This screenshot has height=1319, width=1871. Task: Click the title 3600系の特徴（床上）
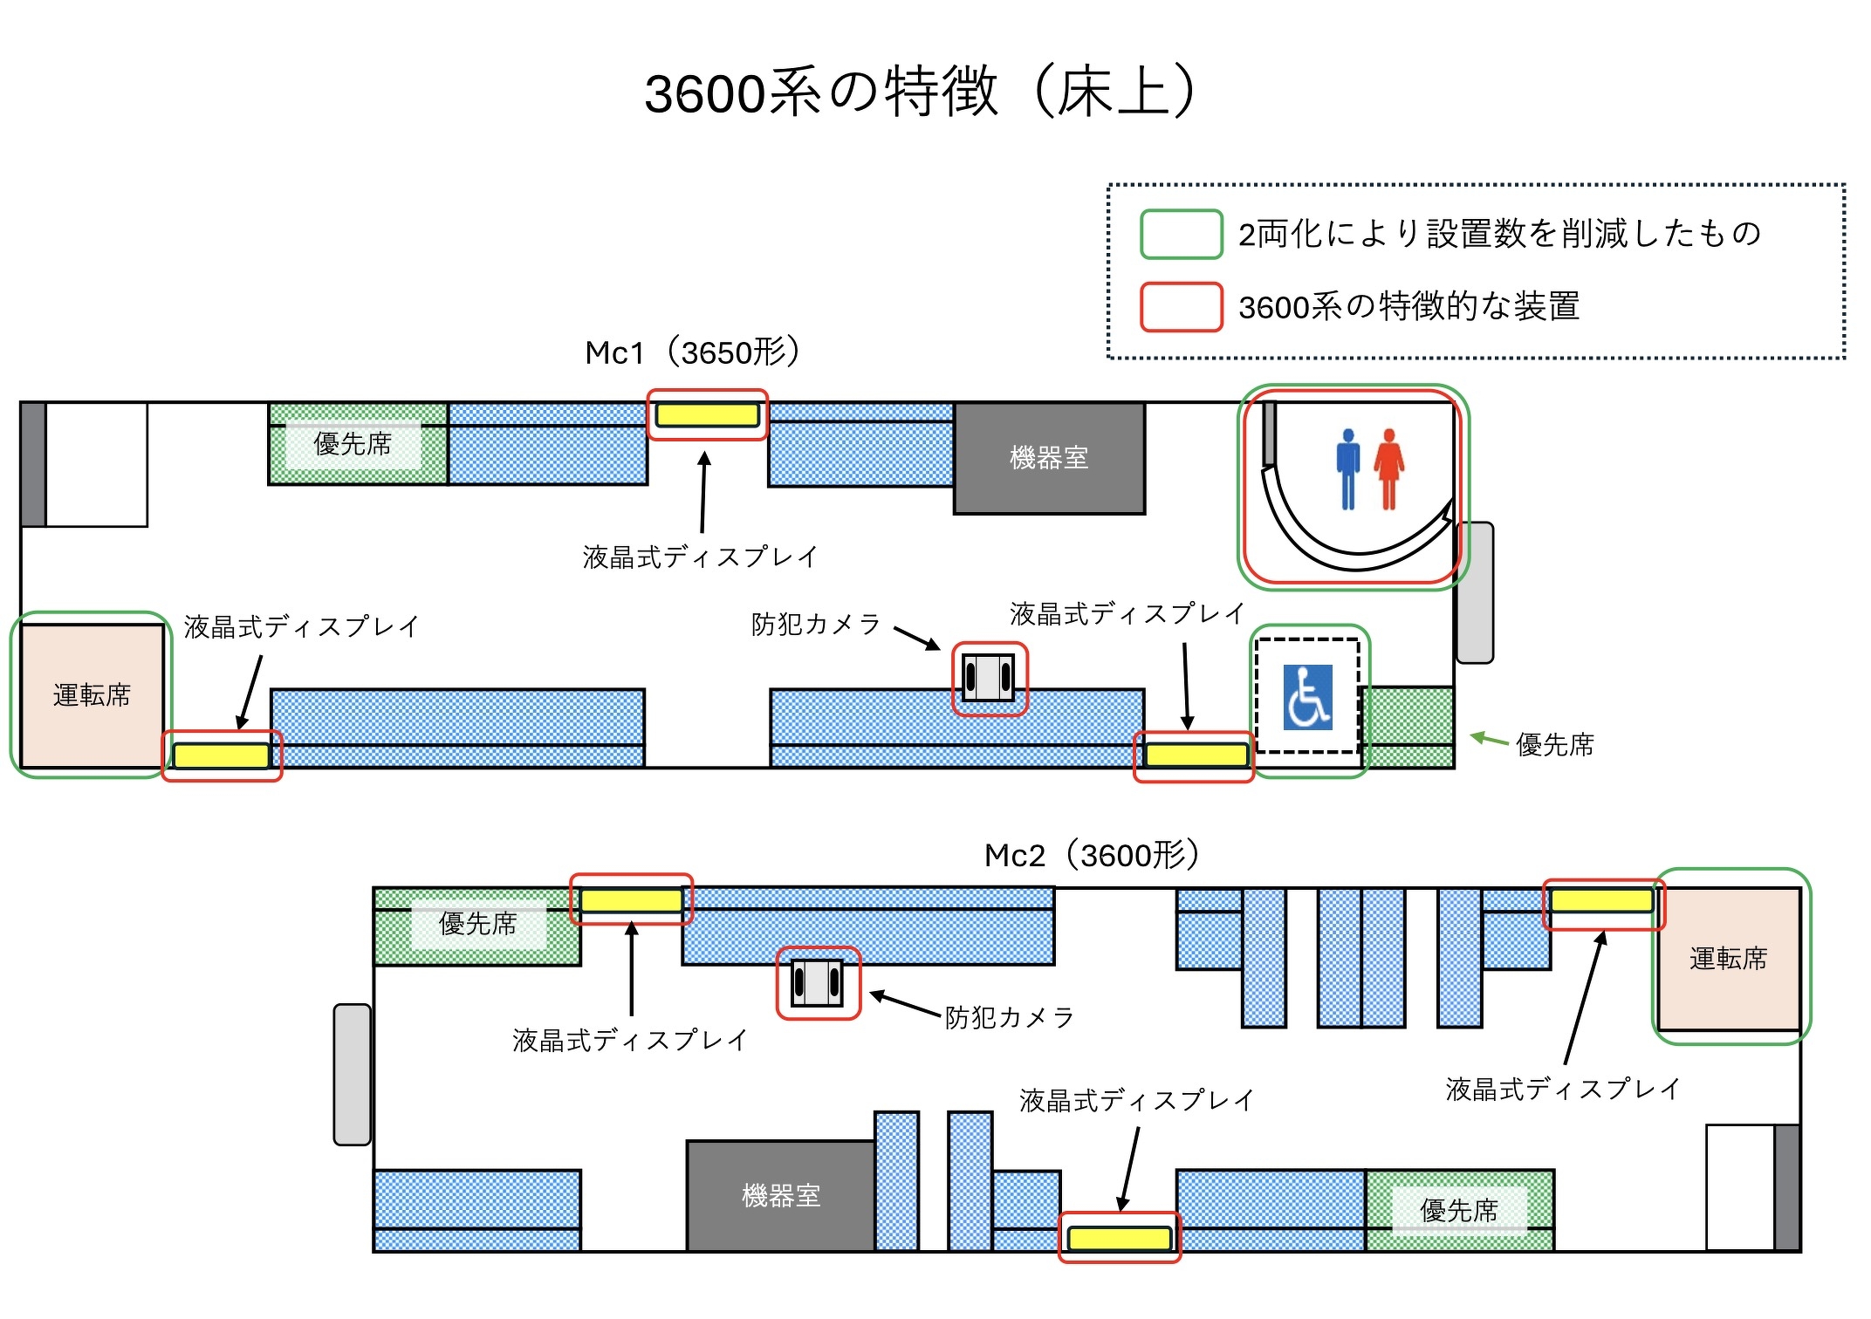point(921,92)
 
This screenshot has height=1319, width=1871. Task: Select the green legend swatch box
point(1181,234)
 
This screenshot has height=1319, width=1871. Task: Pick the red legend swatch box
point(1181,307)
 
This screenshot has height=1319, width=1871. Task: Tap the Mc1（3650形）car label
point(692,352)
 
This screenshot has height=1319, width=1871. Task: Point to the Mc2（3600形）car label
point(1092,855)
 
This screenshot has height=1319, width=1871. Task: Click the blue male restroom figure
point(1347,468)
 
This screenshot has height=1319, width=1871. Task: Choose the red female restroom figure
point(1388,468)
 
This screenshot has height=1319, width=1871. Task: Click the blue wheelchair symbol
point(1307,696)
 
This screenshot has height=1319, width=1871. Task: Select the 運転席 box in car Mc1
point(92,695)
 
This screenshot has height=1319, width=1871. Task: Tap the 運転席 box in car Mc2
point(1728,958)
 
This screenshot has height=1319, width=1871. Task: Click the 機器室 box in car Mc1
point(1049,458)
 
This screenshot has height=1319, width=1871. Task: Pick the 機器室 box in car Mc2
point(781,1195)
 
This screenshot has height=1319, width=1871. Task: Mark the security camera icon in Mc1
point(989,678)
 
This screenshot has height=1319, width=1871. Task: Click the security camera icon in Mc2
point(817,982)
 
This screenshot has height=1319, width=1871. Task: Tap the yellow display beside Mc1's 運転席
point(222,755)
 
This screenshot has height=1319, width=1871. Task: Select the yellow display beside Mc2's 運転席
point(1601,900)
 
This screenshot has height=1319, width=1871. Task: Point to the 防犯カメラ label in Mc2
point(1010,1017)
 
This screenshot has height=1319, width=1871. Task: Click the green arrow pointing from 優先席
point(1489,740)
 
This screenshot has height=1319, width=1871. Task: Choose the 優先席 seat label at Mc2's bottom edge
point(1458,1210)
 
